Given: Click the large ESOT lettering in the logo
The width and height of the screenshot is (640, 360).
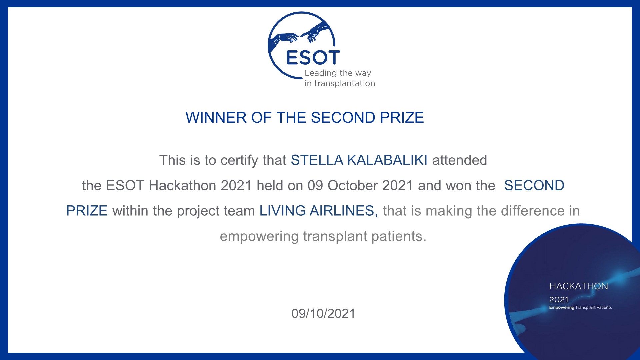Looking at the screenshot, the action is coord(313,58).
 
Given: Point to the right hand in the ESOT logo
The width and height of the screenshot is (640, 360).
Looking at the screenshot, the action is coord(315,32).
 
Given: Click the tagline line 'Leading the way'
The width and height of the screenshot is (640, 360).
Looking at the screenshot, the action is coord(338,73).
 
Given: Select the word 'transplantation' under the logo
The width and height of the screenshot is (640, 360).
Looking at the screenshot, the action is coord(345,83).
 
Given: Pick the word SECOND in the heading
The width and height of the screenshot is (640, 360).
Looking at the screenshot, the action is coord(343,118).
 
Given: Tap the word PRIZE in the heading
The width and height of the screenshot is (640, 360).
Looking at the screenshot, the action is coord(402,118).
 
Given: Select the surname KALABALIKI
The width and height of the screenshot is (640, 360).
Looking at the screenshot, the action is coord(387,160).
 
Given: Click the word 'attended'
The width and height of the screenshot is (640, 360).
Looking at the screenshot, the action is coord(460,160).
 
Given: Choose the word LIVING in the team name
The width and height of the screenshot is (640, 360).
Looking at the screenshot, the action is coord(283,211).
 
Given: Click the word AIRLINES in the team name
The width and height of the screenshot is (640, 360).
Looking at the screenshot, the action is coord(344,211).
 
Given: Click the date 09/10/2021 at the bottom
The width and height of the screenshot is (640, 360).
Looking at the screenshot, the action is coord(323,314).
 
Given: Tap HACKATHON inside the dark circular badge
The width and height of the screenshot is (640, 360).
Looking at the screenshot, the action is coord(579,286).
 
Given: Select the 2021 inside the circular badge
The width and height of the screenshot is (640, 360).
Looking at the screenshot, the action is coord(559,300).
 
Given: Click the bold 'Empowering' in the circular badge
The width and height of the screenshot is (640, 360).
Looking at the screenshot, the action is coord(562,308).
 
